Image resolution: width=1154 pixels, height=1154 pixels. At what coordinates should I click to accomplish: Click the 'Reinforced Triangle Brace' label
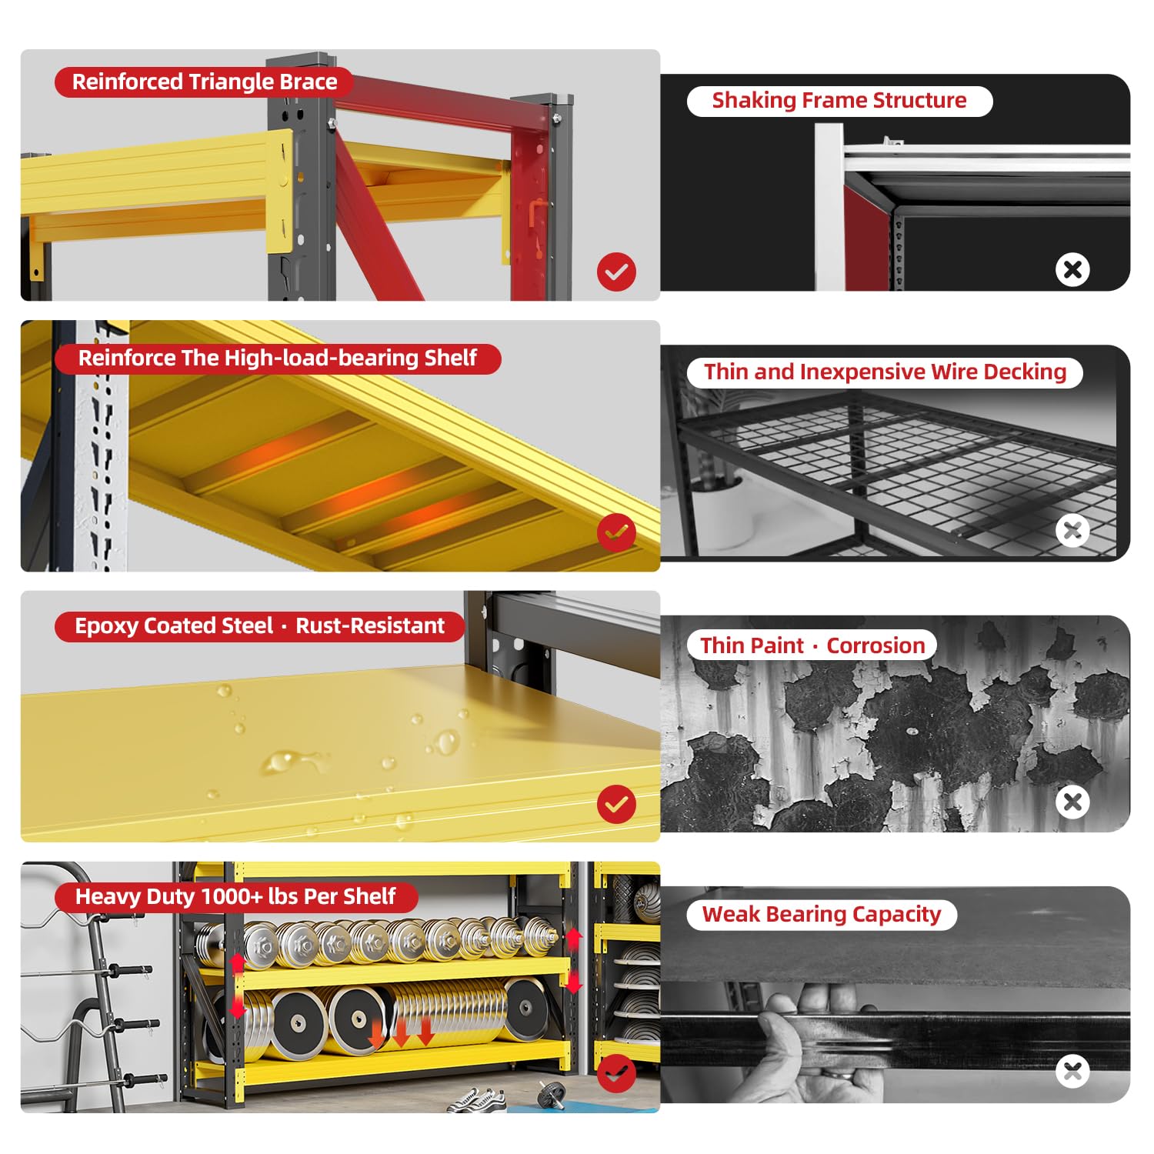point(205,82)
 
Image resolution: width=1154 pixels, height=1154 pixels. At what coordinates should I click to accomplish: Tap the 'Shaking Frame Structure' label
point(839,101)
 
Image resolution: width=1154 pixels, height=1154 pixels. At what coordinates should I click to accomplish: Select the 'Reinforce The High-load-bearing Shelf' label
point(278,359)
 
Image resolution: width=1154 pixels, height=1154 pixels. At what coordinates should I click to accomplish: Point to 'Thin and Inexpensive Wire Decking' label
point(885,372)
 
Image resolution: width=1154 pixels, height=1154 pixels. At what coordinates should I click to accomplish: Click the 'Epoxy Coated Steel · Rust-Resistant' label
point(260,626)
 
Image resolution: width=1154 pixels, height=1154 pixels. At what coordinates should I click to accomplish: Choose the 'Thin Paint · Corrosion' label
point(812,645)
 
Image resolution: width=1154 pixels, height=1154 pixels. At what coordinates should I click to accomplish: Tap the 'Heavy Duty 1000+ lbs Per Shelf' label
point(235,897)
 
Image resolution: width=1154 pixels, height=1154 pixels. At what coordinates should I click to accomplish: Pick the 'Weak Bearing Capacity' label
point(822,915)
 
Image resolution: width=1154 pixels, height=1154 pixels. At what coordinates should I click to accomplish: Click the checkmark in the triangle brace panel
point(616,272)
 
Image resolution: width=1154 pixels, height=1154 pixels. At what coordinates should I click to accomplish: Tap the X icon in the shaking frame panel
point(1072,269)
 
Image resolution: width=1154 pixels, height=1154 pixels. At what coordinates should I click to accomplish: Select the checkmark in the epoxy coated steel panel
point(616,804)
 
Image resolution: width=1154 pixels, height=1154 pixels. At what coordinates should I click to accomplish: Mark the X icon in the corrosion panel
point(1072,802)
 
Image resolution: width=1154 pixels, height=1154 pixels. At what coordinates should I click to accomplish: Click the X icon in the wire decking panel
point(1072,530)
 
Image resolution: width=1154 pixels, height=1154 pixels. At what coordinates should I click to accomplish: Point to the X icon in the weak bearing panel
point(1072,1071)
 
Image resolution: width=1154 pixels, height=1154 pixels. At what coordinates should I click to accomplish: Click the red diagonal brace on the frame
point(377,223)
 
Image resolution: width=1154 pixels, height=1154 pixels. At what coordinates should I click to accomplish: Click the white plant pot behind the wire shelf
point(719,512)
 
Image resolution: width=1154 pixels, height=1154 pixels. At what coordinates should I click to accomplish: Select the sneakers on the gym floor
point(477,1100)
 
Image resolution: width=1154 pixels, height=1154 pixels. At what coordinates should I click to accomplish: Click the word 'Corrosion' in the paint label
point(876,645)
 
